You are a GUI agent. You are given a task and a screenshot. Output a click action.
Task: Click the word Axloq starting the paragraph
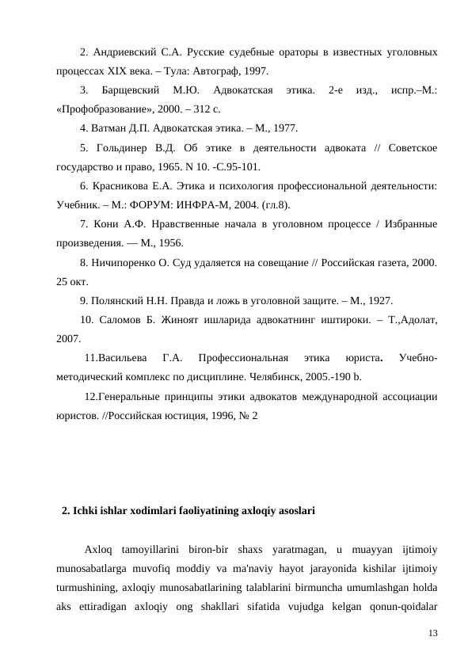coord(99,549)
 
